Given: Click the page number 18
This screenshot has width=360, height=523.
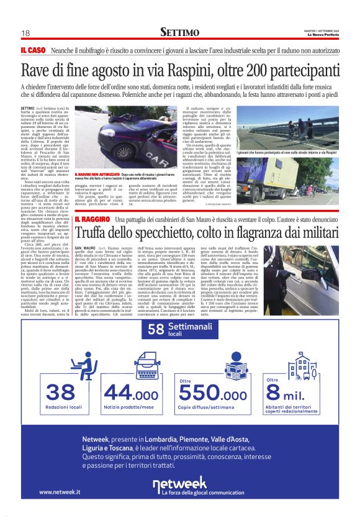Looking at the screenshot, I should pos(25,34).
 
